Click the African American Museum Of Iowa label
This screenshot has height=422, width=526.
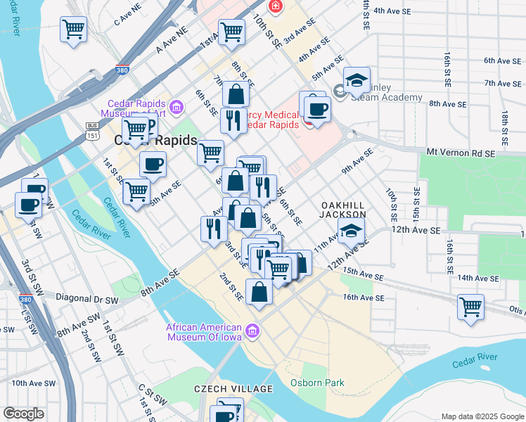click(x=204, y=331)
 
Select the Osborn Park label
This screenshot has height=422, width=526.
click(x=317, y=383)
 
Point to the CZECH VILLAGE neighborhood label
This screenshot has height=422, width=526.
click(x=233, y=389)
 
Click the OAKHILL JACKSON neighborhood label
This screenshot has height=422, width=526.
click(x=343, y=209)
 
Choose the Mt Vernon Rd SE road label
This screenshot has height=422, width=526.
click(x=461, y=152)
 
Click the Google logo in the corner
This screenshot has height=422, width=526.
click(x=23, y=414)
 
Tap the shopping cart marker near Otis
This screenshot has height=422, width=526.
click(x=470, y=306)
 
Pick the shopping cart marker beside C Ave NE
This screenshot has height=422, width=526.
click(x=73, y=30)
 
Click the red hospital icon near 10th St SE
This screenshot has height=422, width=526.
click(x=275, y=7)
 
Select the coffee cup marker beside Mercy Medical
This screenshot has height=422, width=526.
click(x=317, y=109)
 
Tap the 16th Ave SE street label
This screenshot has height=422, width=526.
click(x=364, y=298)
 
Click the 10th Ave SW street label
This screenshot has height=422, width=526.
click(x=33, y=383)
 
